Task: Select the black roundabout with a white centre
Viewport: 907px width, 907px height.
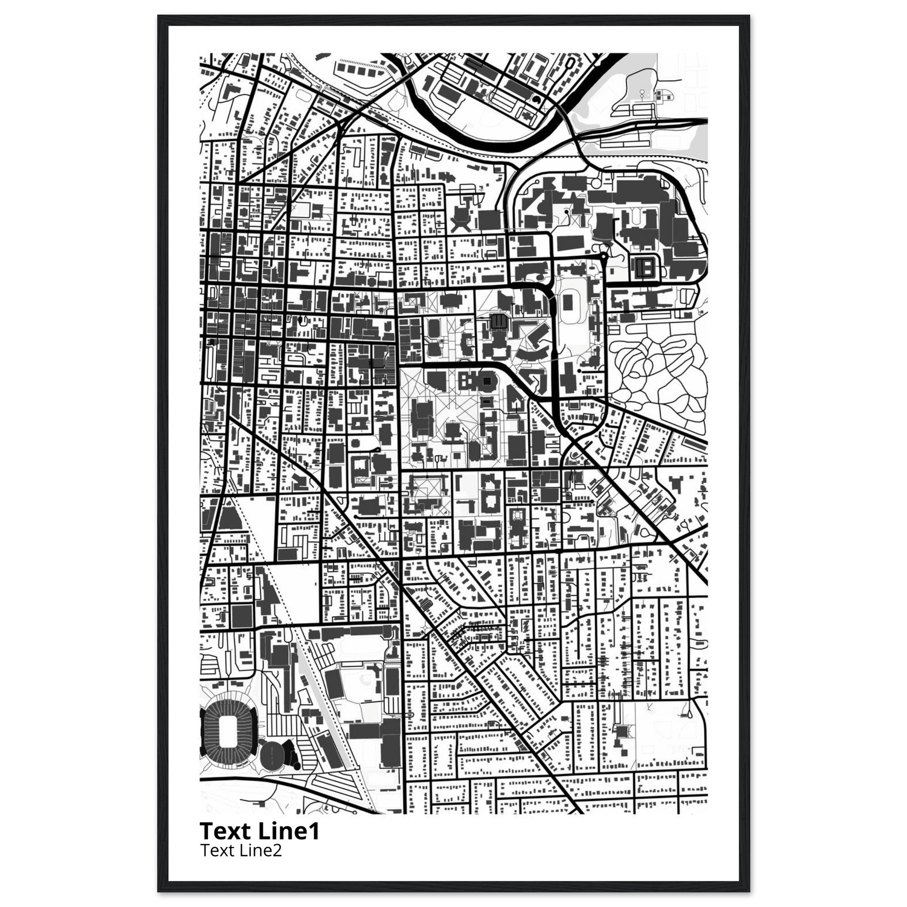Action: coord(603,257)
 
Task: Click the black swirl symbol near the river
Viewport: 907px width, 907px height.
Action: coord(536,100)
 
